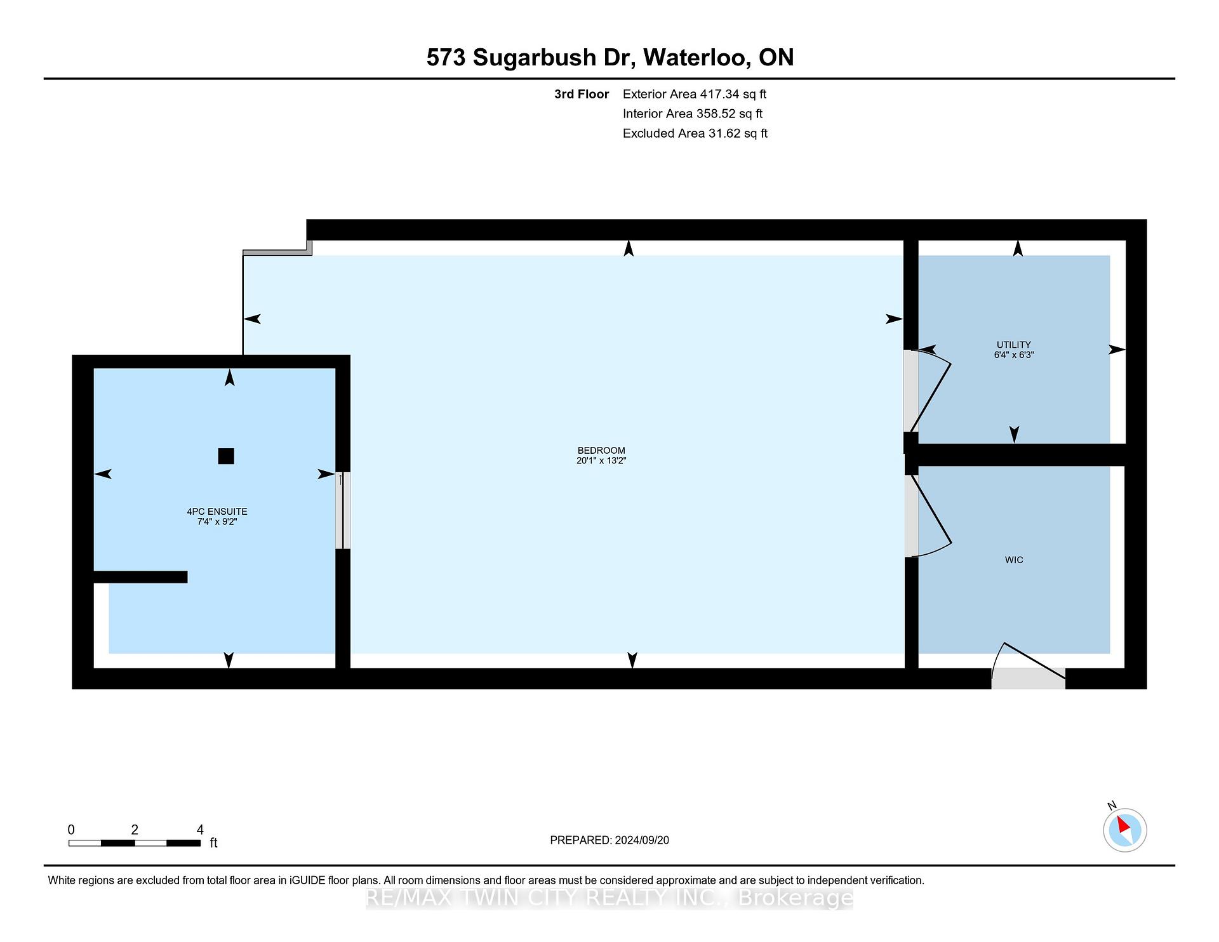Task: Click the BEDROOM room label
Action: click(601, 451)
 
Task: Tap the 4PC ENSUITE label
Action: click(217, 512)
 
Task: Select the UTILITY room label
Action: click(1014, 345)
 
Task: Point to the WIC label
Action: click(1014, 560)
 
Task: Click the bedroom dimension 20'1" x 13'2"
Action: click(601, 461)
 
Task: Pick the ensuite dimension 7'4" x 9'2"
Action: click(217, 522)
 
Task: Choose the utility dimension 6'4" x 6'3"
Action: click(1014, 355)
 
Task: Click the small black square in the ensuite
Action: click(226, 456)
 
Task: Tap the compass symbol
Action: click(1124, 829)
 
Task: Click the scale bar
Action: click(135, 843)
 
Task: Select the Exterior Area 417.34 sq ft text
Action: click(695, 95)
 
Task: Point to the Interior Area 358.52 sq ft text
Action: click(693, 114)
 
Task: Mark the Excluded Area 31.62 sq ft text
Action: click(695, 134)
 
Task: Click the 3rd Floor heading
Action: click(582, 95)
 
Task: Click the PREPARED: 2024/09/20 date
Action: click(609, 840)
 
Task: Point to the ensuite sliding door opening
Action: click(343, 510)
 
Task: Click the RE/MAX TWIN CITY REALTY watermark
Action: click(609, 898)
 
